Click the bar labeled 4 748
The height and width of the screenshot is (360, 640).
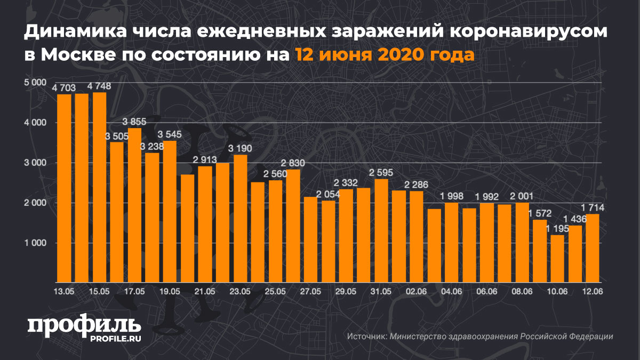click(99, 187)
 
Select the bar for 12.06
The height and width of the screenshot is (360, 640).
click(593, 248)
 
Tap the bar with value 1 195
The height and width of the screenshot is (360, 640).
click(557, 258)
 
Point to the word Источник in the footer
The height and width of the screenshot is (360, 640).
click(366, 337)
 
